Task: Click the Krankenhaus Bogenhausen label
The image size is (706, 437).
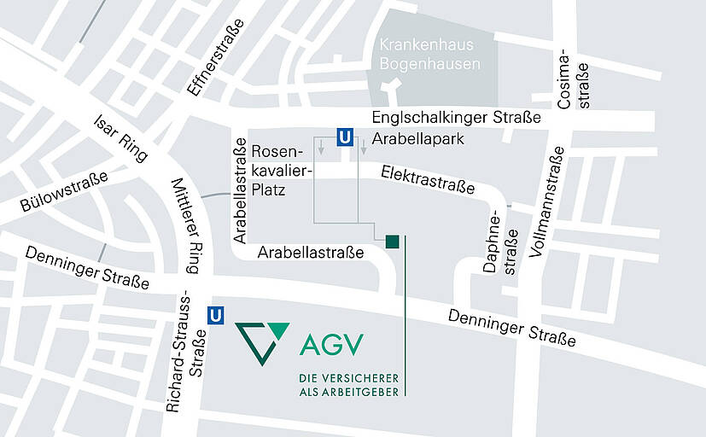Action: pos(427,54)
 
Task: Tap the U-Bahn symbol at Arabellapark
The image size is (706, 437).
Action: pos(345,137)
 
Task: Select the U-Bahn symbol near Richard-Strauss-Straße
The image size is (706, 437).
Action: pos(217,315)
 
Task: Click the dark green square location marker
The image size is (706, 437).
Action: pos(392,242)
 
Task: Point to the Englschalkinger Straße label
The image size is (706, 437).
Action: pos(456,118)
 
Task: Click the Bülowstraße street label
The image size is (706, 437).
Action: pos(64,192)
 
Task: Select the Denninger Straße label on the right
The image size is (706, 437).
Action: pos(512,328)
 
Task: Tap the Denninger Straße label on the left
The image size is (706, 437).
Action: pos(87,267)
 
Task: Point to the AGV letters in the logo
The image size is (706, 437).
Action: pos(332,345)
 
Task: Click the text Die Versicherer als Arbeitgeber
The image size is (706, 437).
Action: pos(348,384)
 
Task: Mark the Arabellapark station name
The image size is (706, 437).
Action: pos(418,138)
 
